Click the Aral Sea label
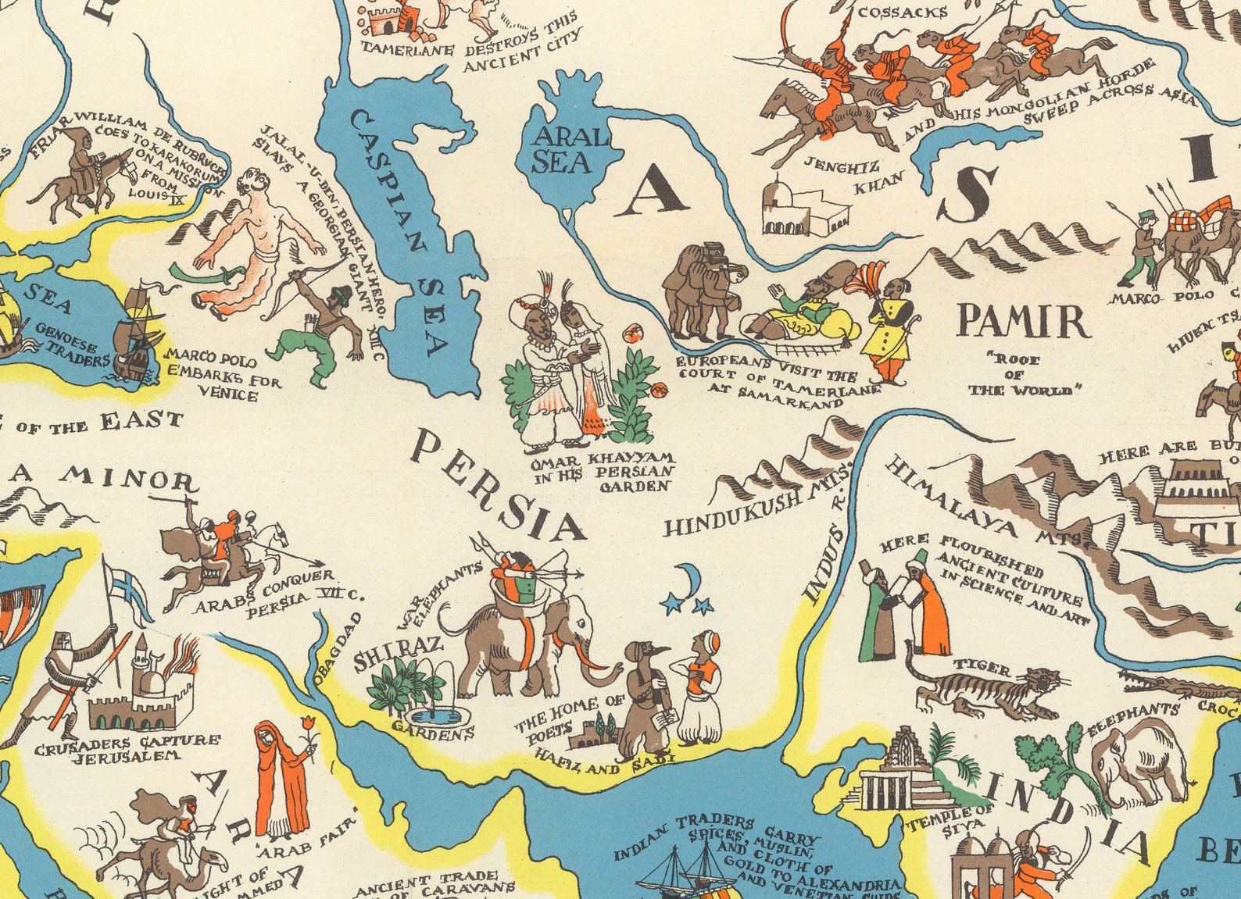pos(560,151)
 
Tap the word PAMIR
pos(1023,321)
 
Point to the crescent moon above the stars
pos(686,580)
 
